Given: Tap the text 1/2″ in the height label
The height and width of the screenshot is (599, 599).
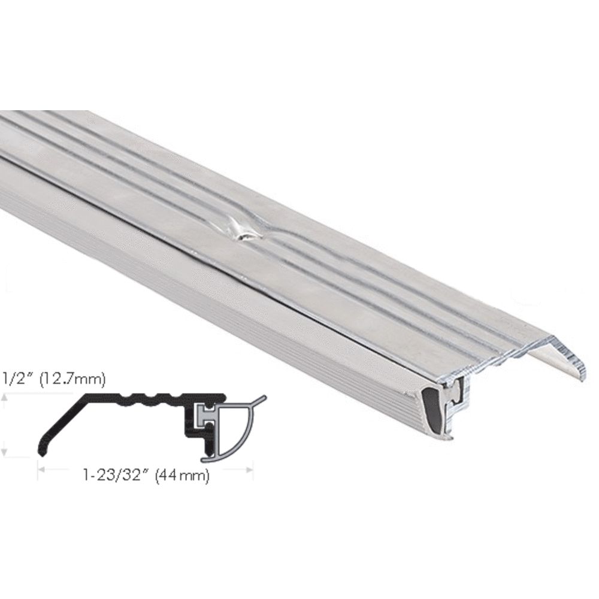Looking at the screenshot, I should (x=15, y=379).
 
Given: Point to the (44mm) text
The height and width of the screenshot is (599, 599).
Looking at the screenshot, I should (x=182, y=477).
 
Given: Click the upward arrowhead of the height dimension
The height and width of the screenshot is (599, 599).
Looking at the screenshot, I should (x=5, y=397).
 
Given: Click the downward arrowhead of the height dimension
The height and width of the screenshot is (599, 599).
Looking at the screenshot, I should (x=5, y=454).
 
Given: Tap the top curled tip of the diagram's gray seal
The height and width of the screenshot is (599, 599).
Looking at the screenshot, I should (x=262, y=397).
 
